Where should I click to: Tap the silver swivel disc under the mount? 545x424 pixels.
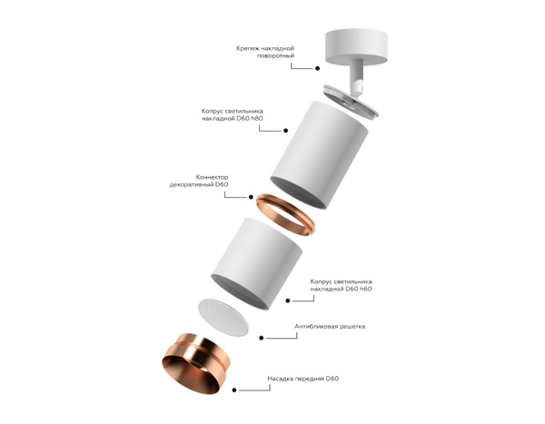click(x=355, y=97)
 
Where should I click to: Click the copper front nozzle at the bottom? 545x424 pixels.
click(x=194, y=367)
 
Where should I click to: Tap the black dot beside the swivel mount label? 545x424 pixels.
click(x=318, y=67)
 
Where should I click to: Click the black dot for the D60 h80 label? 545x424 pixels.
click(x=262, y=128)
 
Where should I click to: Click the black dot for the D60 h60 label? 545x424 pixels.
click(x=288, y=301)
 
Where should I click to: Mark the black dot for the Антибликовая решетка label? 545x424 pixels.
click(x=262, y=338)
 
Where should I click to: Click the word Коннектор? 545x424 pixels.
click(x=211, y=176)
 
